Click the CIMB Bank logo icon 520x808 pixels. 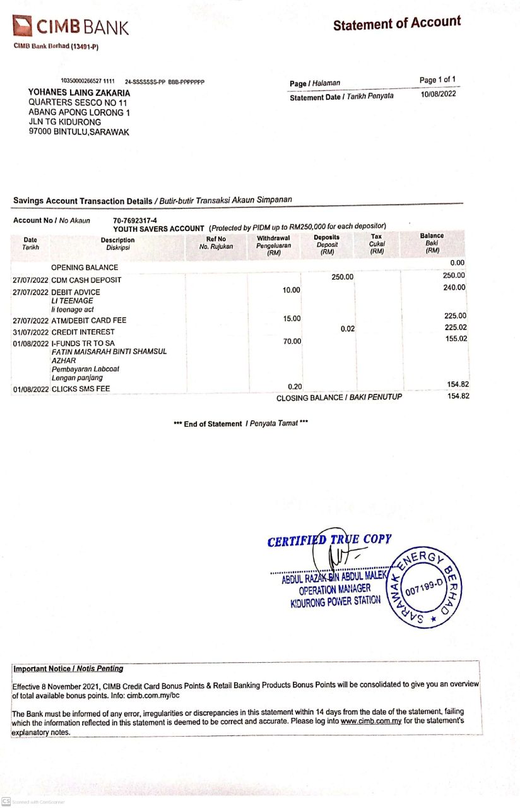[23, 26]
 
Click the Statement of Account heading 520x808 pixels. [397, 24]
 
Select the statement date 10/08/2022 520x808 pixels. [437, 94]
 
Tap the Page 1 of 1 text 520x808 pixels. [437, 80]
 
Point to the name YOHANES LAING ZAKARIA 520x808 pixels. [79, 92]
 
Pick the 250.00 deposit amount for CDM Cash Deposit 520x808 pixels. [343, 276]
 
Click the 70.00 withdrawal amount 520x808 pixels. [292, 341]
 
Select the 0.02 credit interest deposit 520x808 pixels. [347, 328]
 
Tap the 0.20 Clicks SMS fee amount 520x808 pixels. [295, 386]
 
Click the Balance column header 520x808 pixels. [432, 243]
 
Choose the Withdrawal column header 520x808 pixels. [273, 246]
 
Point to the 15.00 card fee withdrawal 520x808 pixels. [292, 318]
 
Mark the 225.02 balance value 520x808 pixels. [454, 327]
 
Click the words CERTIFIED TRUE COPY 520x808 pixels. [329, 540]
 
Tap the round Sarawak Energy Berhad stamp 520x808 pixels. [423, 586]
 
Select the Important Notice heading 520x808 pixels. [68, 668]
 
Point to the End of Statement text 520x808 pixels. [240, 424]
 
